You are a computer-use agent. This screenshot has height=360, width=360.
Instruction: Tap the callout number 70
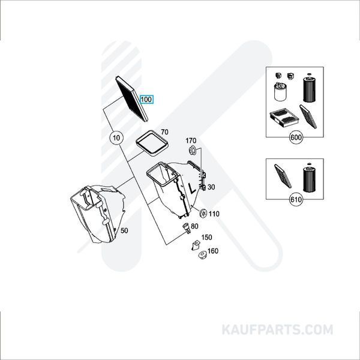coord(164,131)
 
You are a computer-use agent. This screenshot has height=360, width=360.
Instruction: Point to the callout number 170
coord(192,141)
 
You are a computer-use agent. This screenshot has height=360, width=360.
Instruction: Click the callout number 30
coord(211,187)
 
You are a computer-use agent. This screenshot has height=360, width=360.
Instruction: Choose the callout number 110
coord(215,213)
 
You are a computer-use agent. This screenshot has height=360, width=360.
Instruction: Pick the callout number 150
coord(206,238)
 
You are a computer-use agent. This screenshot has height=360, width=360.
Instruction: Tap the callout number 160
coord(212,251)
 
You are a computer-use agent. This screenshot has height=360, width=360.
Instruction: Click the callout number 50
coord(124,230)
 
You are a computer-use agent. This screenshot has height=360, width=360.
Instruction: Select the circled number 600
coord(296,138)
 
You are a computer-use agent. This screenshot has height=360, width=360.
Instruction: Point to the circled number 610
coord(296,199)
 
